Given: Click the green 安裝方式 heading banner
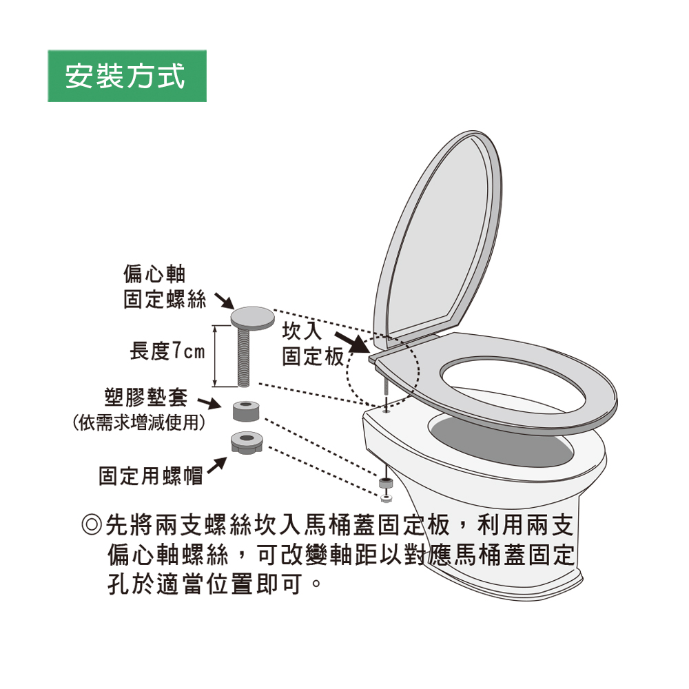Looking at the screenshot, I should (x=127, y=76).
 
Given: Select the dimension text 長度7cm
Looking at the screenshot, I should (x=167, y=352).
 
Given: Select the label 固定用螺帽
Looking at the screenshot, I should (x=151, y=476).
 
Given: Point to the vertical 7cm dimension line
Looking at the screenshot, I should (x=216, y=356).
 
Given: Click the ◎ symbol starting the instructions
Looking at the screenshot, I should (x=92, y=527).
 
